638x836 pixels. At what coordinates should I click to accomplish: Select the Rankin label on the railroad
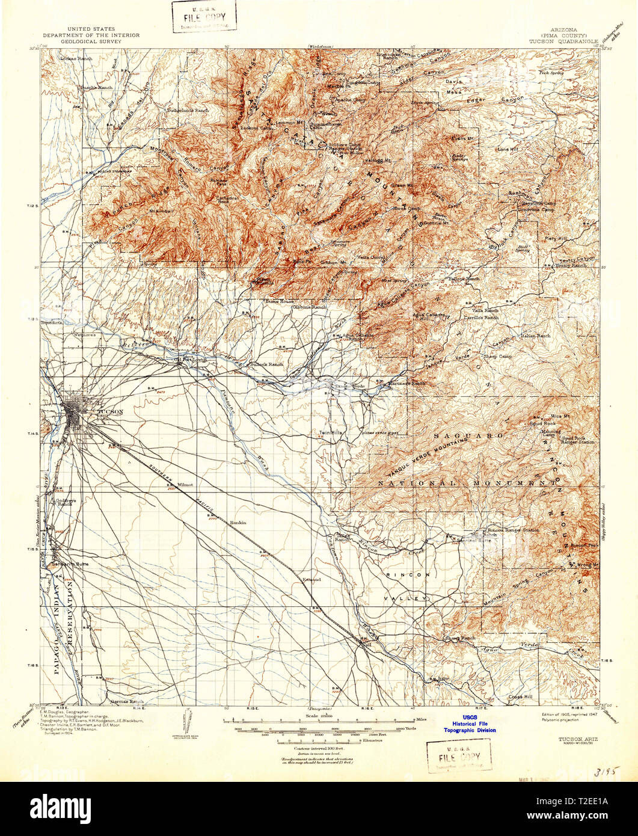click(x=238, y=523)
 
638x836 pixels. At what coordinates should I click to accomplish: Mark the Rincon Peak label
click(x=584, y=546)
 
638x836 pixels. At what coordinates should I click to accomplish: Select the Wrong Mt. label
click(x=588, y=565)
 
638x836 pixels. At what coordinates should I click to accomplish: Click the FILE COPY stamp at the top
click(x=204, y=16)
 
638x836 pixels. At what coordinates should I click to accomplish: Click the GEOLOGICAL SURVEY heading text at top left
click(x=103, y=43)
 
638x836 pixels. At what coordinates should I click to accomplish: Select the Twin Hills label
click(x=331, y=432)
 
